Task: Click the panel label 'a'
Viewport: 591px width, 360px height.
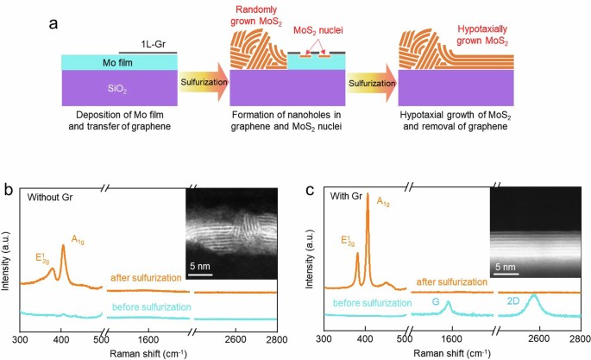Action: tap(53, 24)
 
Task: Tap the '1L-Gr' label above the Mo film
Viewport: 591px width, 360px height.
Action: tap(153, 44)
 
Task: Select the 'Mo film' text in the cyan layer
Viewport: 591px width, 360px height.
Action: tap(117, 62)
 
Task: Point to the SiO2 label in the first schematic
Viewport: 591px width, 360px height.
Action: tap(117, 89)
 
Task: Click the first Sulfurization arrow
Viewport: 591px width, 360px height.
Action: tap(204, 82)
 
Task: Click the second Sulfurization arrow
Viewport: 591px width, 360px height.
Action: tap(372, 83)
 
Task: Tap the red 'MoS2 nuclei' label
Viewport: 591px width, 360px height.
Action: tap(318, 30)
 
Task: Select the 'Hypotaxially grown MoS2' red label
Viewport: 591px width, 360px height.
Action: tap(482, 35)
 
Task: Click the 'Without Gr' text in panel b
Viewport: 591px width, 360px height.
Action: tap(50, 197)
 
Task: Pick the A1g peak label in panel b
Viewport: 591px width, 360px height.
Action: tap(78, 239)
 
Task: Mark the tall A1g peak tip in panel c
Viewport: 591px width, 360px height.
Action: tap(368, 193)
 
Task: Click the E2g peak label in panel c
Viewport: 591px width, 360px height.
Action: tap(348, 241)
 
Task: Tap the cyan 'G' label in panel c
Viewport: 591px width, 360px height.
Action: tap(436, 301)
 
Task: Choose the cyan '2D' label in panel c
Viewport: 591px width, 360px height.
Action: tap(513, 300)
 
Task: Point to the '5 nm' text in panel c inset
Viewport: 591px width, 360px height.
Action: tap(505, 267)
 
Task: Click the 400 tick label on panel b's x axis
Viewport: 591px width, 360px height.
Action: tap(61, 339)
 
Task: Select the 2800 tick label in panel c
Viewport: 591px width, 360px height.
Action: tap(581, 338)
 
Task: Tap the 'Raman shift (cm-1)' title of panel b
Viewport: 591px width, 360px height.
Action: tap(148, 354)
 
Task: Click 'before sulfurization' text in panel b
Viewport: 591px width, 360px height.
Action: tap(152, 307)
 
